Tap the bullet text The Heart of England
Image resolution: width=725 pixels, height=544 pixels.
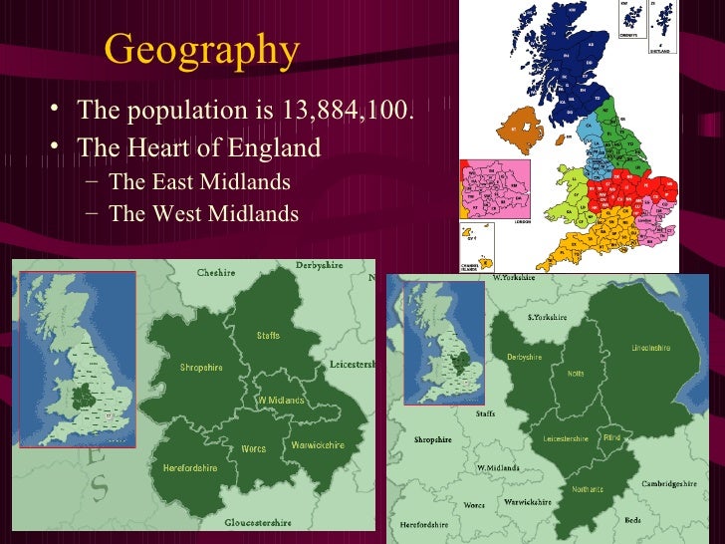click(199, 147)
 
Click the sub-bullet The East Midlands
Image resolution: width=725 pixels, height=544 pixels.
click(199, 182)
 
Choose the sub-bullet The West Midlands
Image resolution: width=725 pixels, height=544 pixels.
click(203, 213)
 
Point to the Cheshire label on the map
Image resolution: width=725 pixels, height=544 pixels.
click(215, 272)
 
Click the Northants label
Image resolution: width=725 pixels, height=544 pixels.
click(587, 489)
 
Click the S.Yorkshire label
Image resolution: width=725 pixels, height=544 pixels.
click(546, 317)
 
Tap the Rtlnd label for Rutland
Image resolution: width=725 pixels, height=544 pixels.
click(611, 437)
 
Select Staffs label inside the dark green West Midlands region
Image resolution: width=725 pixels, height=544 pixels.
click(268, 336)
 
